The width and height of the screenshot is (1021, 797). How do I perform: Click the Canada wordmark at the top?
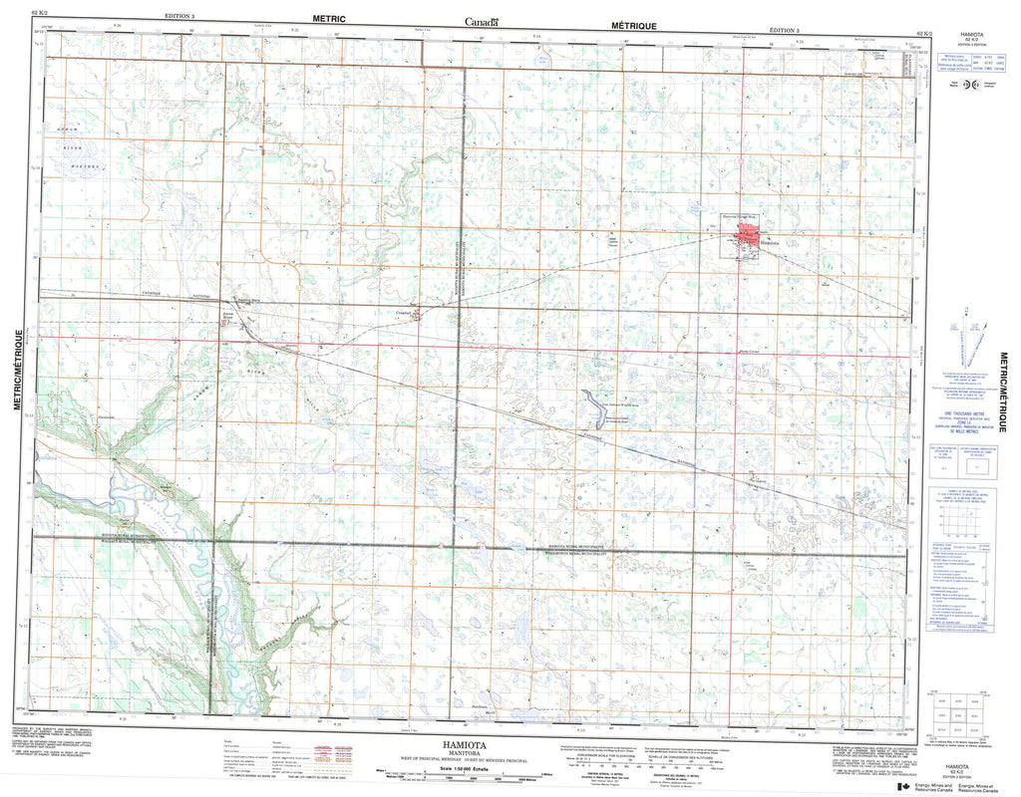coord(482,21)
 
